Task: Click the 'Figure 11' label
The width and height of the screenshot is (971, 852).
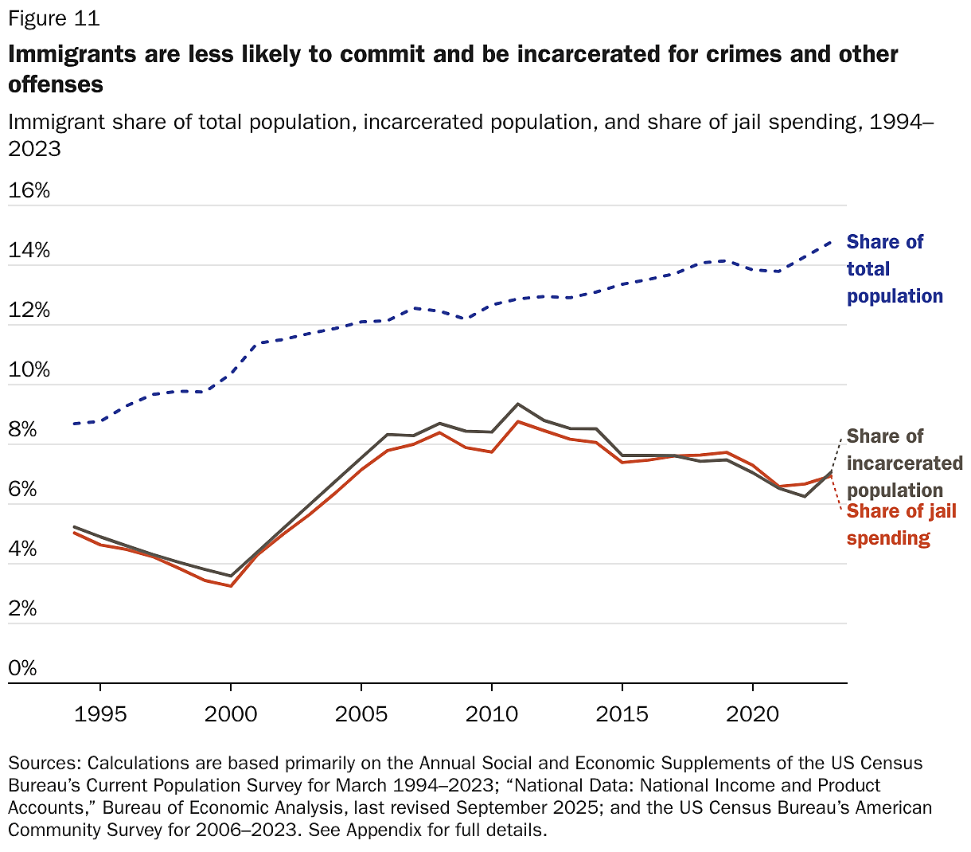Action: pos(54,18)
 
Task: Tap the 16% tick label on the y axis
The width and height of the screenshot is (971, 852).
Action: pos(29,190)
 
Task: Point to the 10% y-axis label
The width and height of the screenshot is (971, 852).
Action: pos(29,369)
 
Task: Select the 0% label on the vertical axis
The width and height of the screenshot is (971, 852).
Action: pos(23,667)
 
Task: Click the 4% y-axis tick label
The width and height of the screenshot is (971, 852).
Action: pos(23,549)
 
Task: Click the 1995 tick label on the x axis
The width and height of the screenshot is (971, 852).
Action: pos(100,713)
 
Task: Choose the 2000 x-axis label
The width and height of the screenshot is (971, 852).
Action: pos(231,713)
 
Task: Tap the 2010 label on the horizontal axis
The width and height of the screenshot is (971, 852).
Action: pos(492,713)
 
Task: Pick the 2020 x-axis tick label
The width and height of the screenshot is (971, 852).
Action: pos(753,713)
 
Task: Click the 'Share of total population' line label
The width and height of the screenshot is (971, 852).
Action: pos(894,269)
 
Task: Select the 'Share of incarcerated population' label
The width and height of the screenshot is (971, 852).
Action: pos(904,463)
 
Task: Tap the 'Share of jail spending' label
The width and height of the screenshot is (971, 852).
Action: pos(901,525)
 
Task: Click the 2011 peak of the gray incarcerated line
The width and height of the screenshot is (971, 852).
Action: pos(518,404)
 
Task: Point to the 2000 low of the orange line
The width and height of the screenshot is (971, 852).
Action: pos(231,586)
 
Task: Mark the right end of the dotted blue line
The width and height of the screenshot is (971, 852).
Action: pos(831,240)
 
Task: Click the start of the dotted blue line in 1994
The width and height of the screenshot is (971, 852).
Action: pos(74,424)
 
